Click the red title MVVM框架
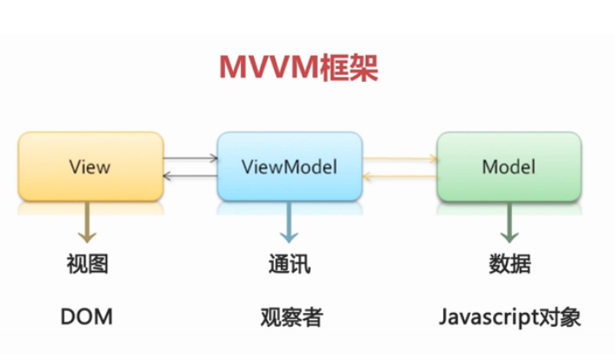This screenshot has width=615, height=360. click(298, 67)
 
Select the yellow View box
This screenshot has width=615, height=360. click(91, 166)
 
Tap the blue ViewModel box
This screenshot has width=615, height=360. click(290, 166)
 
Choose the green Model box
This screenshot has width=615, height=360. click(509, 166)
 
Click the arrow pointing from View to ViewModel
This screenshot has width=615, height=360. click(191, 159)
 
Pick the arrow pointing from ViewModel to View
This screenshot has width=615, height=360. click(190, 176)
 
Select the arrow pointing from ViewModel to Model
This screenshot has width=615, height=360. click(400, 159)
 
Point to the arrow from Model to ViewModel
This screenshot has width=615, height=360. click(400, 177)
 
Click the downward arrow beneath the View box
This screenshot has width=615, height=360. click(87, 222)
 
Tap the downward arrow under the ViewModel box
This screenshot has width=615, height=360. click(289, 222)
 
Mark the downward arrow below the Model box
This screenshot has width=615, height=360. click(509, 222)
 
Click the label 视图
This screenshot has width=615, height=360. click(87, 263)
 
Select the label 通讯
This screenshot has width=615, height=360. click(290, 264)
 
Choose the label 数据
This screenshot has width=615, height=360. click(510, 263)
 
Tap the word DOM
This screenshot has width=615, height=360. click(86, 316)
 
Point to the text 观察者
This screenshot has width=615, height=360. click(292, 317)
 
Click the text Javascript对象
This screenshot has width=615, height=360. click(510, 317)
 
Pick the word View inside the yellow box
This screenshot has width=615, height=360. click(90, 166)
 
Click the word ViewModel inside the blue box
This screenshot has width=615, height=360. click(290, 166)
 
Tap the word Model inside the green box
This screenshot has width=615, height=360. click(509, 166)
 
